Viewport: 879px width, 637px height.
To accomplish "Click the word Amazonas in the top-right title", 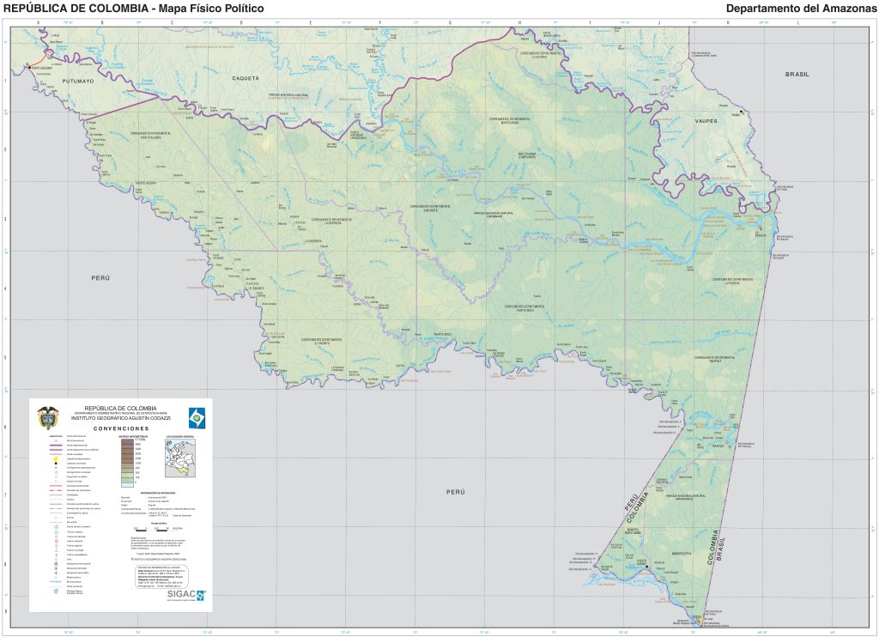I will coord(845,9).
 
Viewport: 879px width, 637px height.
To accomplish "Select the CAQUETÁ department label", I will coord(246,78).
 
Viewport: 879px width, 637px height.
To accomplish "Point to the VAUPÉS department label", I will coord(706,121).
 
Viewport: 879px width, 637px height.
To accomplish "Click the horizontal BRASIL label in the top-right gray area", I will coord(797,75).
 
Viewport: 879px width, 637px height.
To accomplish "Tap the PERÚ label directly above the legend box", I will coord(101,279).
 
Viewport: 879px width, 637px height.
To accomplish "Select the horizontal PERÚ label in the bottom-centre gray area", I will coord(454,491).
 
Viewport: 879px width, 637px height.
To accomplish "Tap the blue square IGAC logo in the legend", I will coord(197,416).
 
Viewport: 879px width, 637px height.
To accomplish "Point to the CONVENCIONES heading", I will coord(121,428).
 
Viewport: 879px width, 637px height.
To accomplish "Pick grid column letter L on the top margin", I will coord(797,21).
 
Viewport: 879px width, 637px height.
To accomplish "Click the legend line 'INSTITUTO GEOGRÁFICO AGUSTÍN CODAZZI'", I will coord(121,417).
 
